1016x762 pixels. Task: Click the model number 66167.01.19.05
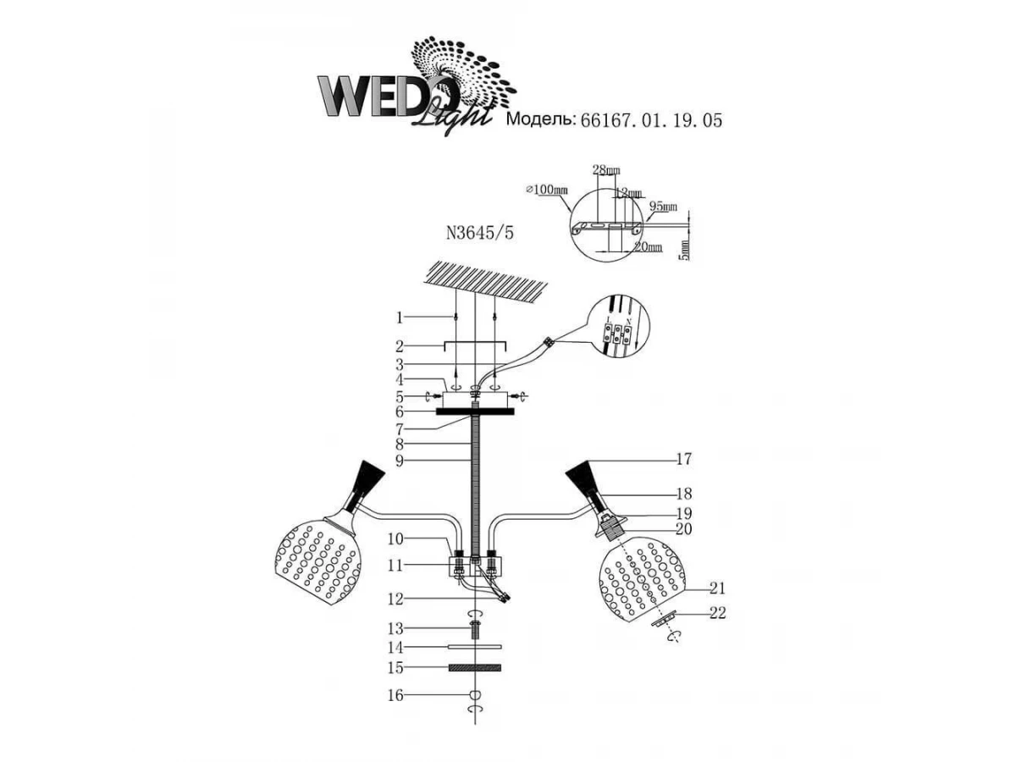click(650, 121)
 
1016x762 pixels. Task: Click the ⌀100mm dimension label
click(547, 190)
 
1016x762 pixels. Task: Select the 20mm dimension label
click(648, 246)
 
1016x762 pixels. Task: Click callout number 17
click(684, 460)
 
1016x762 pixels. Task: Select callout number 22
click(719, 614)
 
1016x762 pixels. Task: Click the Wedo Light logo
click(406, 89)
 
